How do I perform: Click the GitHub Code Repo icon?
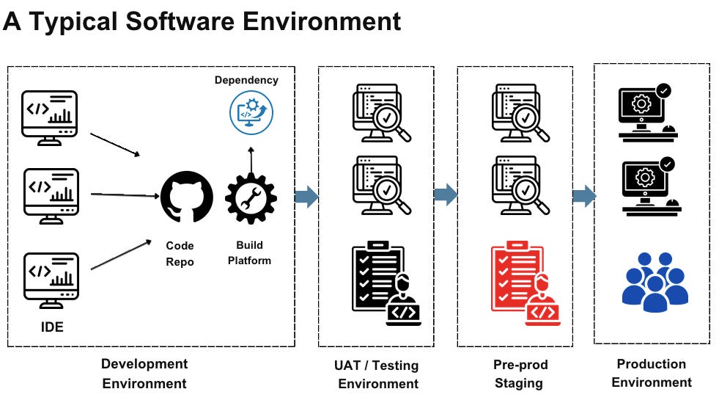(187, 196)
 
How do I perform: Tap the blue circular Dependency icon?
(251, 112)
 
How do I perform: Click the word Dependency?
(246, 80)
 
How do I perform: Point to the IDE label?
(51, 327)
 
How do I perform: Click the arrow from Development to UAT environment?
(306, 196)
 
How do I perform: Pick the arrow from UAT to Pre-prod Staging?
(445, 195)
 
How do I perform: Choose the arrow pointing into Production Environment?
(583, 196)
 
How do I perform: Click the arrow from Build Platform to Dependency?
(251, 159)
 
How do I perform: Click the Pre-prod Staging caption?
(520, 374)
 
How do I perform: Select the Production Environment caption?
(652, 373)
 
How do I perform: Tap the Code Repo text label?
(180, 254)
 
